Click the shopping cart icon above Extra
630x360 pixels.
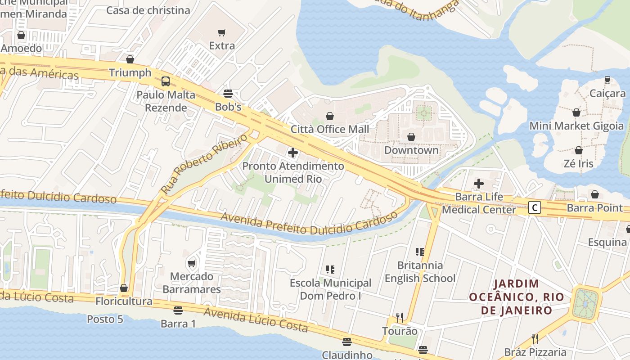point(221,32)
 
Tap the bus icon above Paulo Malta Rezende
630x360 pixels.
point(166,81)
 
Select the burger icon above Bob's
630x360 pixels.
point(228,94)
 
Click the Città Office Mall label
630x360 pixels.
point(330,129)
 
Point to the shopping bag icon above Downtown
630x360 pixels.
point(411,137)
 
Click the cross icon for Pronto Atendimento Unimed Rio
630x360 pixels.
point(293,153)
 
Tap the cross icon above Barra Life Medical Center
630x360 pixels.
point(479,184)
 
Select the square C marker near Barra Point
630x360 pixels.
point(534,207)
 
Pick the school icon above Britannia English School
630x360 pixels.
point(420,252)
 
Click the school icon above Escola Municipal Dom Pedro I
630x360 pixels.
point(330,270)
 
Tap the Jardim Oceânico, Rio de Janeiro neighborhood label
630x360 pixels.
point(516,297)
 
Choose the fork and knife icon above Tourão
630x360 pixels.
point(399,317)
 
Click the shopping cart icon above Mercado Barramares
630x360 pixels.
point(192,263)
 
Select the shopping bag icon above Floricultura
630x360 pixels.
point(124,288)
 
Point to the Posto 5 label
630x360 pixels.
point(105,319)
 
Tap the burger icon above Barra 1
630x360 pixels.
point(178,310)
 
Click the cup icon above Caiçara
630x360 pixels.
point(607,80)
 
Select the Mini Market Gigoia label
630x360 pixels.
point(576,126)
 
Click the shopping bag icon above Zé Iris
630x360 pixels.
point(579,150)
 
